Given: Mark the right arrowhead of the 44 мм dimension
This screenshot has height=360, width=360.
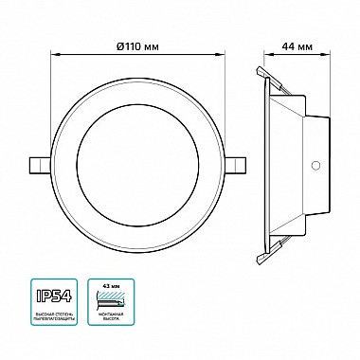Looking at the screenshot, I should [x=328, y=56].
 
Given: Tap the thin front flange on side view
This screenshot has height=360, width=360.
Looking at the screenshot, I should [x=261, y=163].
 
